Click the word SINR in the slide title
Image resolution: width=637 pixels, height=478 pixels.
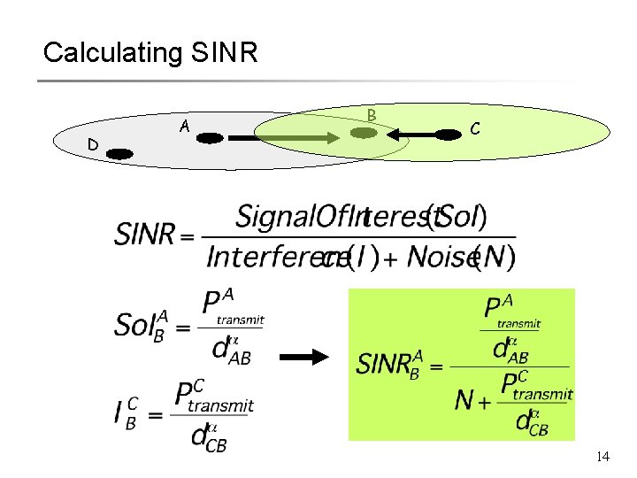(224, 53)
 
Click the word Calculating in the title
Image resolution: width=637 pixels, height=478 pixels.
(111, 53)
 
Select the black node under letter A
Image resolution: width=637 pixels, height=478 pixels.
(211, 137)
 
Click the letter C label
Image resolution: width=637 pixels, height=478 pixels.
(475, 129)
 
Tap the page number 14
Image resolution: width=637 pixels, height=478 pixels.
(602, 457)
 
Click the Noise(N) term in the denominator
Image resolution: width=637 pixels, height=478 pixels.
(450, 258)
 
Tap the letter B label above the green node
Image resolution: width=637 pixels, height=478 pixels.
(372, 115)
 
